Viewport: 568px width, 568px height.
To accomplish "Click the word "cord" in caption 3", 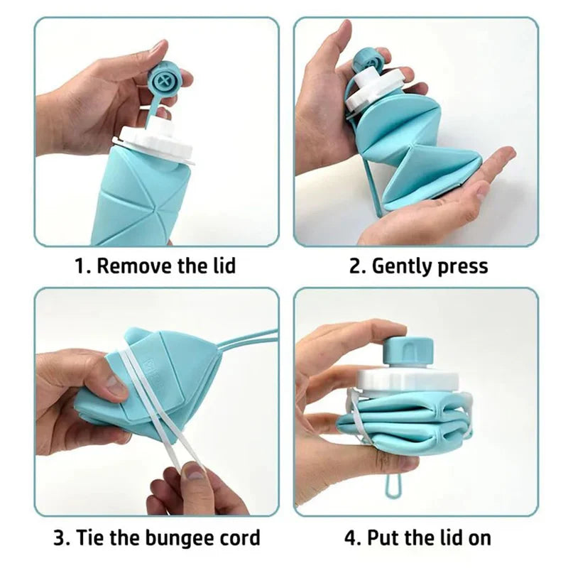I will pyautogui.click(x=238, y=537).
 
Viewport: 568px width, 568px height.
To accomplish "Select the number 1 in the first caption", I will pyautogui.click(x=80, y=267).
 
